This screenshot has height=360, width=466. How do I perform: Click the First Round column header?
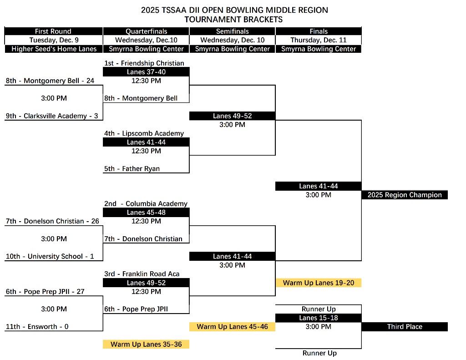53,31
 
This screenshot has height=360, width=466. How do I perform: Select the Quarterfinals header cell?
146,31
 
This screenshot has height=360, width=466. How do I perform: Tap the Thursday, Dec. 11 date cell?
319,40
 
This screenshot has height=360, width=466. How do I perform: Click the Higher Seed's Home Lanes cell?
54,49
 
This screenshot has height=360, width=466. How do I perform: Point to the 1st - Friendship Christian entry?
144,63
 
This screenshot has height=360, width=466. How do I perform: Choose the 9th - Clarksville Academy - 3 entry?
52,116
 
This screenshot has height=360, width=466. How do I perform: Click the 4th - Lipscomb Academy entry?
144,133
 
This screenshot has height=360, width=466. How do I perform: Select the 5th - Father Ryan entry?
132,169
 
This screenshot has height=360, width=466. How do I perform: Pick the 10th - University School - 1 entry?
50,257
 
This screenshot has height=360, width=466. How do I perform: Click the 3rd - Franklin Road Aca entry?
142,274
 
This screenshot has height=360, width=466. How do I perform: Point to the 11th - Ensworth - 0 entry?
37,327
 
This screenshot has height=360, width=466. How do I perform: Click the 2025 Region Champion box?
405,195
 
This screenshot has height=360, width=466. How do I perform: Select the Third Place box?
405,327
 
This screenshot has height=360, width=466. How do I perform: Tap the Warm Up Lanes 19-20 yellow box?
319,283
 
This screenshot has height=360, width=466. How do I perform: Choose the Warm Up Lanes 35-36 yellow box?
146,345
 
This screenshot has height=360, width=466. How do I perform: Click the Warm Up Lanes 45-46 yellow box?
232,327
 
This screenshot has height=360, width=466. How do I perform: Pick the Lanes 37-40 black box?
146,72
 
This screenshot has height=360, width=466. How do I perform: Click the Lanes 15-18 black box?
319,318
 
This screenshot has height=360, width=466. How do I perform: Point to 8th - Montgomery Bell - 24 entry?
50,81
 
